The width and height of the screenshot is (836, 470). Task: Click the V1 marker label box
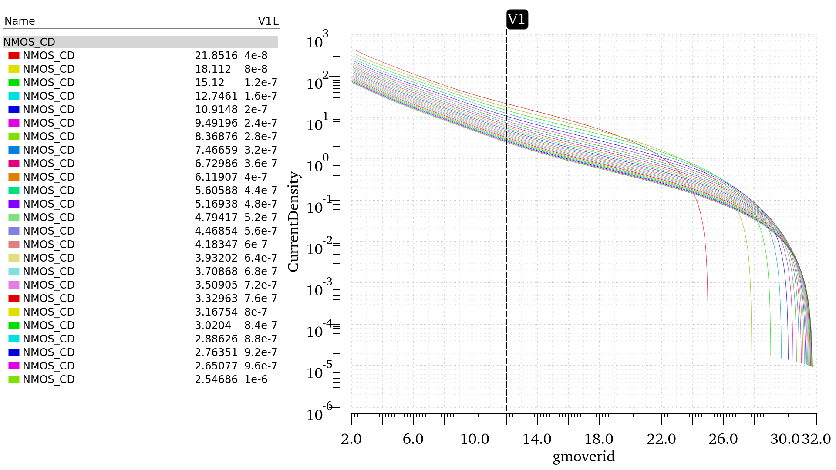pos(517,20)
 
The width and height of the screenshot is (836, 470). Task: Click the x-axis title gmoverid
pos(583,457)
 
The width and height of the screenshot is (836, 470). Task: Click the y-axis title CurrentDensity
pos(294,222)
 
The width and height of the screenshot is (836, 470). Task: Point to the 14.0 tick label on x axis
pos(537,439)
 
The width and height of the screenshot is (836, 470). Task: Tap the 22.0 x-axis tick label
pos(661,439)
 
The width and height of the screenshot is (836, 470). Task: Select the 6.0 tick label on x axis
pos(413,439)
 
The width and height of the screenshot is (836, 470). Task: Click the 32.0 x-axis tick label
pos(816,439)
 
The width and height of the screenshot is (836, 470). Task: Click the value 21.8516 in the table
pos(216,56)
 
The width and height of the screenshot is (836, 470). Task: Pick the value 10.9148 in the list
pos(216,110)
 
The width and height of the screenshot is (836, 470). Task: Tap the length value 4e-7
pos(256,177)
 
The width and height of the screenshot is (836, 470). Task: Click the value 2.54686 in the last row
pos(216,379)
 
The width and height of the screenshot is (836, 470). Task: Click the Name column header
pos(20,21)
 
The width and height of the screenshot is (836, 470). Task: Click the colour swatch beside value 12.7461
pos(14,96)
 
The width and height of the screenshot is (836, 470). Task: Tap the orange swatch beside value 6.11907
pos(14,177)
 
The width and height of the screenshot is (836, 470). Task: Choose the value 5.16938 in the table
pos(216,204)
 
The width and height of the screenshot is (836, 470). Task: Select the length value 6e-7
pos(256,245)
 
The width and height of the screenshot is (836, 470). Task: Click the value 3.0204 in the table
pos(213,326)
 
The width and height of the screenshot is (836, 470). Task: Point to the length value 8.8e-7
pos(260,339)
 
